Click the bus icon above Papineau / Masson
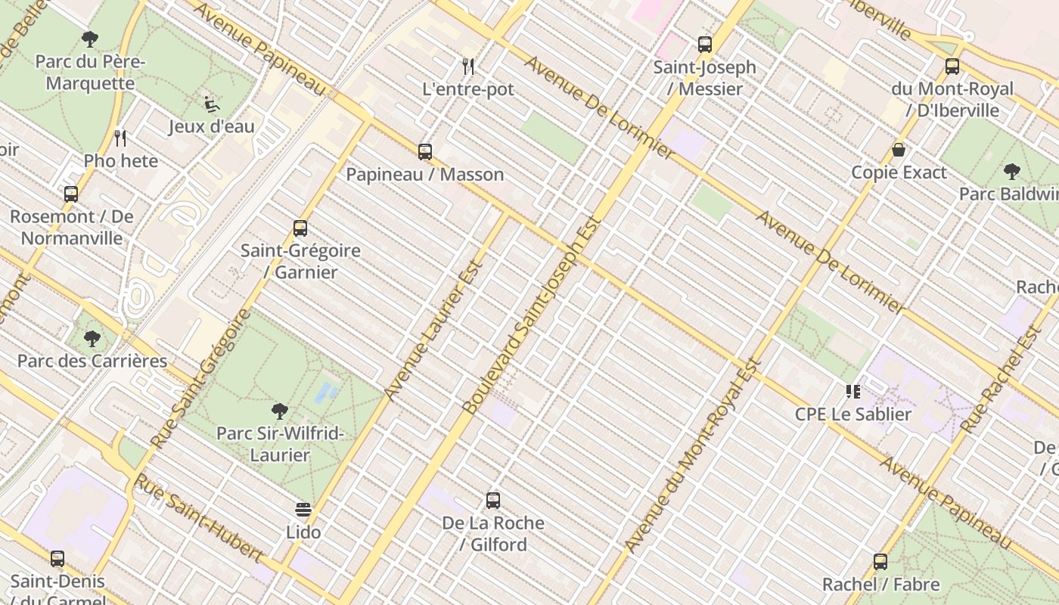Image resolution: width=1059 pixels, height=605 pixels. click(425, 151)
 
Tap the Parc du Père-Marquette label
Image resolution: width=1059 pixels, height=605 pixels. click(90, 73)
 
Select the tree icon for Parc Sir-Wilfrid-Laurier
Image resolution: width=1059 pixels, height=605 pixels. click(280, 411)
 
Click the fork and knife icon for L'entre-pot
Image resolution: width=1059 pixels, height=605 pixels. click(468, 67)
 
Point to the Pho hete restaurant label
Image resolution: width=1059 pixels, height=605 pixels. click(121, 161)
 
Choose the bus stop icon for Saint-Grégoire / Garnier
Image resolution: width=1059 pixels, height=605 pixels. click(300, 228)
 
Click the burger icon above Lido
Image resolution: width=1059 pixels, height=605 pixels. click(303, 510)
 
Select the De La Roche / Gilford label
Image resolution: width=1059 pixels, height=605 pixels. click(493, 533)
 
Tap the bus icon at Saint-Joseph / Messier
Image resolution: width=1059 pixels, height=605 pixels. click(705, 45)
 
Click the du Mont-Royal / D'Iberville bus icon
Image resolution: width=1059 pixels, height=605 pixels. click(952, 67)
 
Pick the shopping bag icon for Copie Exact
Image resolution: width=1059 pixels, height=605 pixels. click(899, 150)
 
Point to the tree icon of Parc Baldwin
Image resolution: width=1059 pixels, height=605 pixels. click(1011, 172)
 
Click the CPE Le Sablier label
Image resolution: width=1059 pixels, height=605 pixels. click(853, 414)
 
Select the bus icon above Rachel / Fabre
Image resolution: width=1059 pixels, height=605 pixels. click(880, 562)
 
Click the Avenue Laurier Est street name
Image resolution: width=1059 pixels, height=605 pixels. click(433, 330)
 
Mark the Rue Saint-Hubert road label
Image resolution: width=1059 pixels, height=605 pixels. click(199, 518)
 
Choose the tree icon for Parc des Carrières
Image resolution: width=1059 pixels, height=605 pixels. click(92, 339)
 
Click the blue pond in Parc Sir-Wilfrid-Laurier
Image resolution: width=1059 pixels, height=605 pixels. click(326, 392)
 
